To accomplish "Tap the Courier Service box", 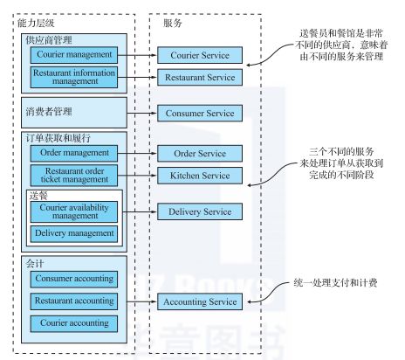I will (200, 55).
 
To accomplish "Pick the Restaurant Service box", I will (200, 77).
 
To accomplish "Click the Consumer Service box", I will (200, 113).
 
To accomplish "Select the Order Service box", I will (200, 153).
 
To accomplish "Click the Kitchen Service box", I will (200, 176).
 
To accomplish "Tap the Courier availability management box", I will (74, 211).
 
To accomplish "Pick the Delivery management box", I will (74, 233).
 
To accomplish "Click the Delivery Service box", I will (200, 211).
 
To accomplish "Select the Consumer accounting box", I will (74, 279).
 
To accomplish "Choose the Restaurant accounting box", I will (74, 301).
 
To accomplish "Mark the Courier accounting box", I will (74, 323).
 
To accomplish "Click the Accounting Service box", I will (200, 301).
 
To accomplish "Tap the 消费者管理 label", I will (49, 112).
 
